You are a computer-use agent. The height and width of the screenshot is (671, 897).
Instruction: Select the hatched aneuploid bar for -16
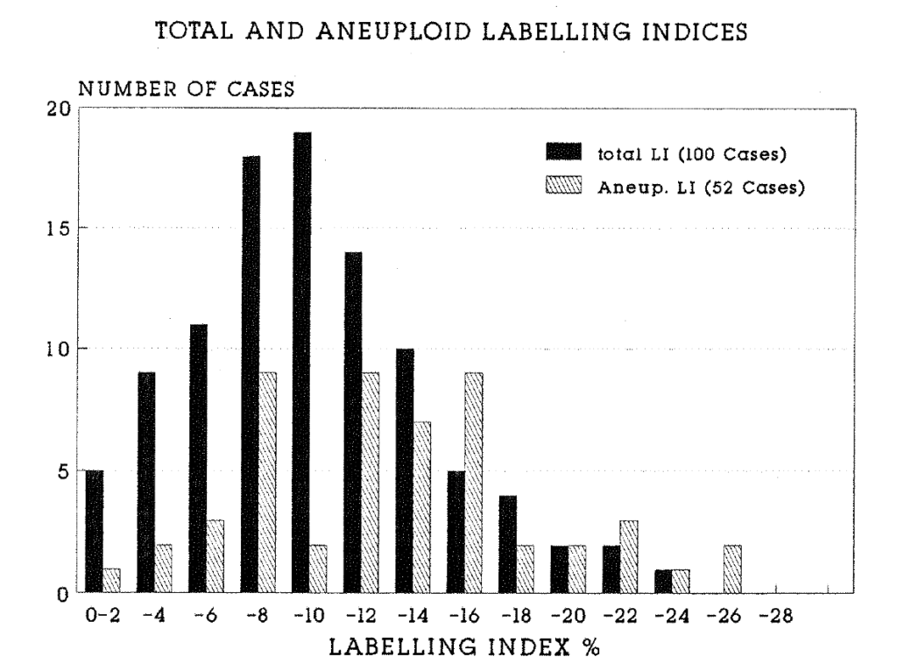point(474,482)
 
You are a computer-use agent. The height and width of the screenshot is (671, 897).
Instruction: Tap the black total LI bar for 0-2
point(95,531)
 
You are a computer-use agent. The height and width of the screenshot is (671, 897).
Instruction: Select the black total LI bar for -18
point(508,543)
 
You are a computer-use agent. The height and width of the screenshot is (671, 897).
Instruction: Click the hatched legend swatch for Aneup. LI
point(563,188)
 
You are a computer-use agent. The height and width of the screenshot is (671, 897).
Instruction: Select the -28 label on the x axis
point(776,615)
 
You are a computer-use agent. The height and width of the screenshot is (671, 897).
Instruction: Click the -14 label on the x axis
point(414,615)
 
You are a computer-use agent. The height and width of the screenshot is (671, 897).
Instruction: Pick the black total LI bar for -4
point(146,483)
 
